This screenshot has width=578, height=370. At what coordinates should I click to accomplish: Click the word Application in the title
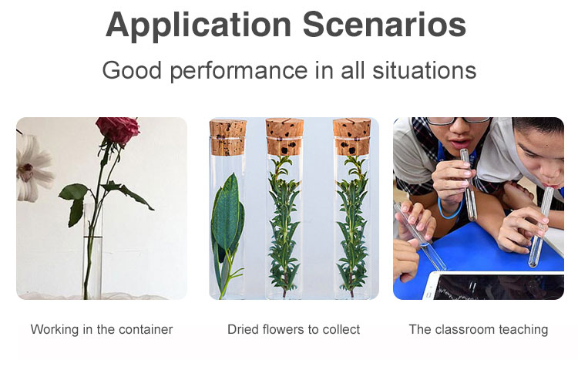coord(198,25)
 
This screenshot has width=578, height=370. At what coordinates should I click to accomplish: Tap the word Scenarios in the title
coord(385,25)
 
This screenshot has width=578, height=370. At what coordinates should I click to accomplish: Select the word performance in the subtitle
coord(239,71)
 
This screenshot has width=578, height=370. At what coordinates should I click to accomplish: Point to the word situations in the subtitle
coord(425,70)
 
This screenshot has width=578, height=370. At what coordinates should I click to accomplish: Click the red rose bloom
coord(117,129)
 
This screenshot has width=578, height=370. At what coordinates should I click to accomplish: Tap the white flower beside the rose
coord(32,169)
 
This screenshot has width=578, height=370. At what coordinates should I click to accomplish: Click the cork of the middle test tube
coord(284,136)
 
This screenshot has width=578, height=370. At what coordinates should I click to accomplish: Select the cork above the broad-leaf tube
coord(228,137)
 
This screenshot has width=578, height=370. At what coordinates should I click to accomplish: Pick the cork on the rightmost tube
coord(351,136)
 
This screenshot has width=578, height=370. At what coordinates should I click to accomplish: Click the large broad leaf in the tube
coord(227,217)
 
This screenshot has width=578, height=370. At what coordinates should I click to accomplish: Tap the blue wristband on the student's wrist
coord(449,210)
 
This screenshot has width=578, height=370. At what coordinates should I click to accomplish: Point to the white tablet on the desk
coord(496,286)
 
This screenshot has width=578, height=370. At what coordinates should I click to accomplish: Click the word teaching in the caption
coord(523,330)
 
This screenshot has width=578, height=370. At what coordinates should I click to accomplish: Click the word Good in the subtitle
coord(132,70)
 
